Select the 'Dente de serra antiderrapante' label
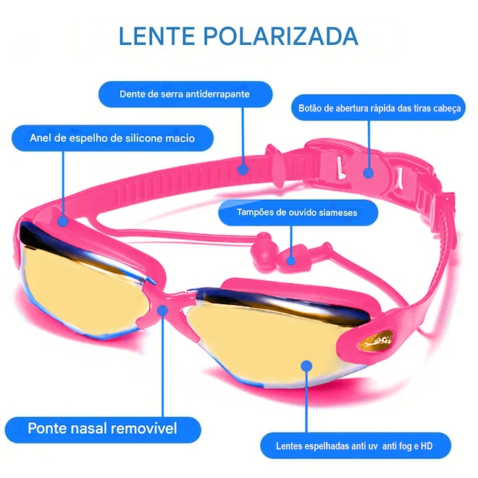[185, 94]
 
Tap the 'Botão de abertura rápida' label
[380, 109]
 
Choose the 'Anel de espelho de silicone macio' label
[112, 138]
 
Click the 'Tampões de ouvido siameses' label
[297, 213]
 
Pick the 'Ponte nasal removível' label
[102, 427]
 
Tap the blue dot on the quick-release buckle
[369, 174]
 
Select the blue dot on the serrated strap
[243, 167]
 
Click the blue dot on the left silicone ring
[64, 215]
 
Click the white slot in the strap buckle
[337, 167]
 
